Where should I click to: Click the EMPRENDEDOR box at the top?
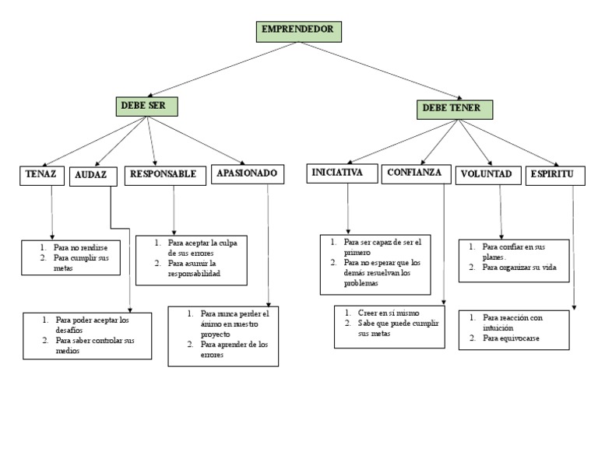pyautogui.click(x=298, y=30)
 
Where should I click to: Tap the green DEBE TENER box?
pyautogui.click(x=452, y=108)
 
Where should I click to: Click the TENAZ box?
pyautogui.click(x=40, y=175)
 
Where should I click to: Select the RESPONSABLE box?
pyautogui.click(x=164, y=175)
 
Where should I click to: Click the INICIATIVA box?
pyautogui.click(x=339, y=173)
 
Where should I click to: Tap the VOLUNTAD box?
pyautogui.click(x=486, y=175)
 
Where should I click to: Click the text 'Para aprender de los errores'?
pyautogui.click(x=233, y=349)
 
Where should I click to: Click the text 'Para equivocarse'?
pyautogui.click(x=510, y=338)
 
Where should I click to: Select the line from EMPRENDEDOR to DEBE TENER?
pyautogui.click(x=374, y=72)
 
